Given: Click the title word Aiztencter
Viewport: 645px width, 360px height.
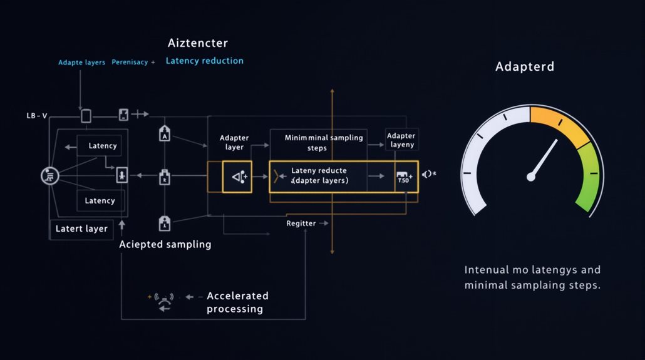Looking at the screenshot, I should (x=198, y=43).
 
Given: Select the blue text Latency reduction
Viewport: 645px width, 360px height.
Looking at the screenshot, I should (x=204, y=61).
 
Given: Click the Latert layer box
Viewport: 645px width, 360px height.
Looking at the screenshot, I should (x=81, y=229).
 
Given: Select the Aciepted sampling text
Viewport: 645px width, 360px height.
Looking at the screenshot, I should (x=165, y=244).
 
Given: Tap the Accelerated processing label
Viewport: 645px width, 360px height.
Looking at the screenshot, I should (x=237, y=302).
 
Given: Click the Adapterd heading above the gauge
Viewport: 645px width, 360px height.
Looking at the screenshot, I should (x=524, y=66).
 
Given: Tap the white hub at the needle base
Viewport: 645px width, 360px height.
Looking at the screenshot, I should (x=531, y=177).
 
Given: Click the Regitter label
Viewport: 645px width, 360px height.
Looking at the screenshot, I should (x=301, y=224).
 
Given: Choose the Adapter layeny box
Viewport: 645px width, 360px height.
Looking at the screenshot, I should (x=401, y=140).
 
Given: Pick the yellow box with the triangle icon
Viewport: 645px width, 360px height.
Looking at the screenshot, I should (x=237, y=177).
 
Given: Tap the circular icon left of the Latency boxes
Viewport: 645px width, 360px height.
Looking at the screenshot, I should (x=49, y=176).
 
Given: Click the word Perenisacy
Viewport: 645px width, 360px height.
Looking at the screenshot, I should (x=130, y=63).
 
